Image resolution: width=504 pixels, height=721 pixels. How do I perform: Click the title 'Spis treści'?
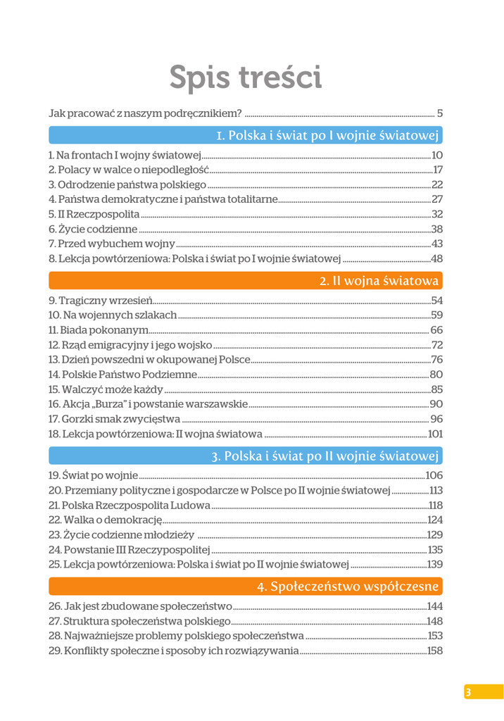coord(246,77)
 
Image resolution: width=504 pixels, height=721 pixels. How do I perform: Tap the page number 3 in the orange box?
coord(467,692)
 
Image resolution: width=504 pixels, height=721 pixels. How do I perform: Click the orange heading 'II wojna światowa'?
coord(379,281)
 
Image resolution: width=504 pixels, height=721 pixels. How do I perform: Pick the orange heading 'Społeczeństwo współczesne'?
coord(348,586)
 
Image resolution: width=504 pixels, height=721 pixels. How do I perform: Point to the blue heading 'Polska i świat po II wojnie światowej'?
coord(326,456)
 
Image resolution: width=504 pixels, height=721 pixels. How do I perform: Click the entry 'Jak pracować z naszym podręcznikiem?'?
coord(145,113)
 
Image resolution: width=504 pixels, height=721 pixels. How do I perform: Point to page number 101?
coord(435,433)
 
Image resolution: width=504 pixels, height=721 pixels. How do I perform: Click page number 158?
coord(434,651)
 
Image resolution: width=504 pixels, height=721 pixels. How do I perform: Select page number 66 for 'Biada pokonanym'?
coord(436,330)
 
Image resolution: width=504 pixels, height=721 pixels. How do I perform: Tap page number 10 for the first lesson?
coord(436,155)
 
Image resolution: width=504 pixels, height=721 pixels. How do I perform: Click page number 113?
coord(436,490)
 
